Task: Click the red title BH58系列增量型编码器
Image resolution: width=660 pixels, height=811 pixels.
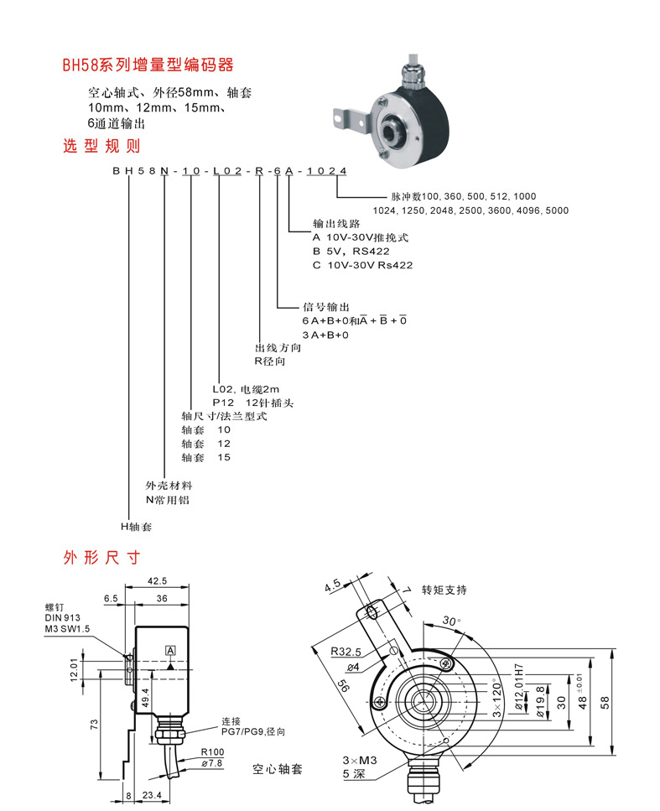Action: point(148,65)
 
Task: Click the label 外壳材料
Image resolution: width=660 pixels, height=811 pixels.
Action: point(169,486)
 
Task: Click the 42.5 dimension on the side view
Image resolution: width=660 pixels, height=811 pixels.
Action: point(157,581)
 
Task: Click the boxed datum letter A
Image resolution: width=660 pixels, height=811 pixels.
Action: point(170,651)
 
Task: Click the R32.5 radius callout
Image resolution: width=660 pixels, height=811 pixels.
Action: point(346,651)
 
